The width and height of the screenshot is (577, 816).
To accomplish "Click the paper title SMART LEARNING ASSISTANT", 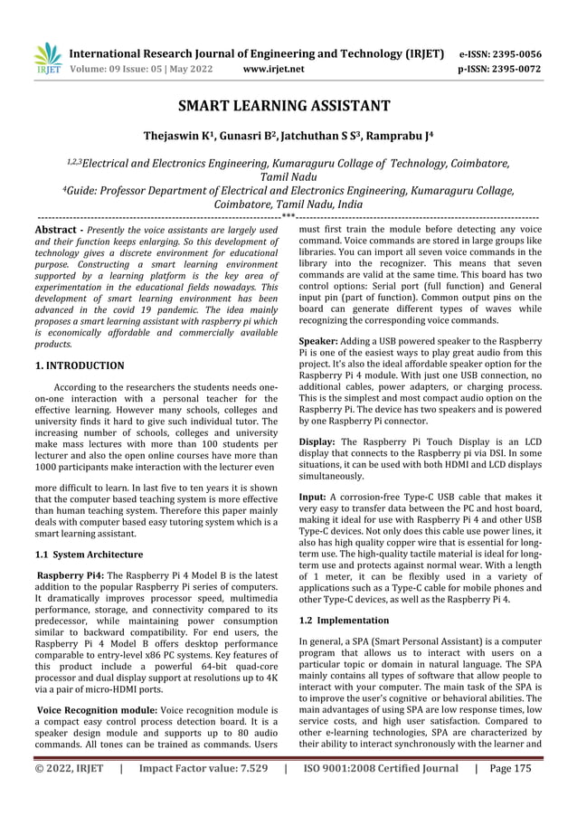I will point(288,107).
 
